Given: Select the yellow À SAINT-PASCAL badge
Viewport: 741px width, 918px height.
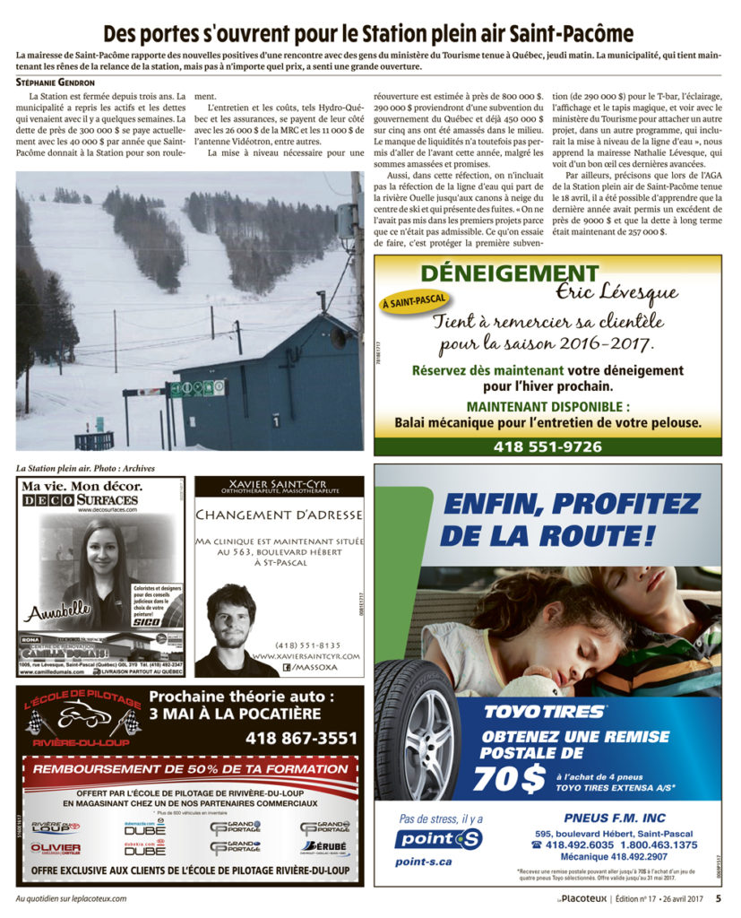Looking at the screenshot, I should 415,303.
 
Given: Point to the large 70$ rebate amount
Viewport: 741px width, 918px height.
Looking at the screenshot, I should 508,778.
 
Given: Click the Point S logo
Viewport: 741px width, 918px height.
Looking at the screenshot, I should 439,839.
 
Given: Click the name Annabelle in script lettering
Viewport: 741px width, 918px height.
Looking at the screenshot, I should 59,612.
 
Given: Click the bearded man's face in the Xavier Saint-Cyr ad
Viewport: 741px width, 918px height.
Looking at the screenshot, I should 231,617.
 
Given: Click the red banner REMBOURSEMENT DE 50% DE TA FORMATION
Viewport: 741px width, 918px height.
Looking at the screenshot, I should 190,769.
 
